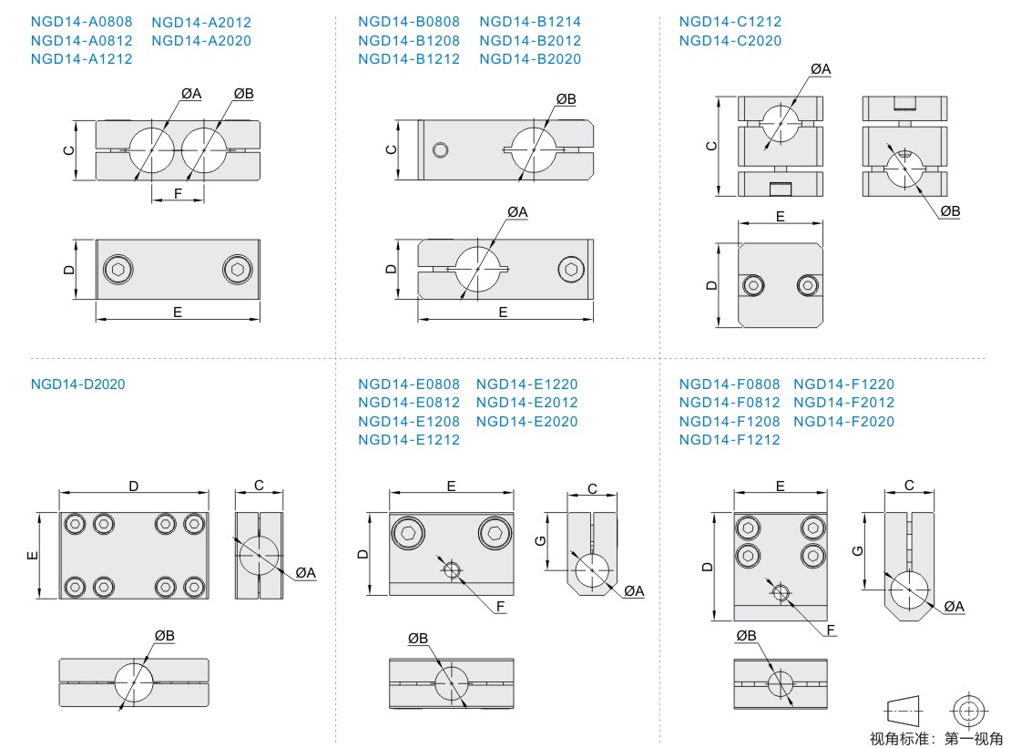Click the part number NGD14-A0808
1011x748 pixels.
tap(81, 22)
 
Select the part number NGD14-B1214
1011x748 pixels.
tap(529, 22)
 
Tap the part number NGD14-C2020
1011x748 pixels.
tap(730, 41)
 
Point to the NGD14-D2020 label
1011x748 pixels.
tap(77, 384)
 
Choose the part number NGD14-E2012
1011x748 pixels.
tap(526, 403)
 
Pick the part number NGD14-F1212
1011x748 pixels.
tap(730, 440)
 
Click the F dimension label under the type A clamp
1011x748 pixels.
tap(178, 192)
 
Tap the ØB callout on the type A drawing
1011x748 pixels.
tap(243, 94)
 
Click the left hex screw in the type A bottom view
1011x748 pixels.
tap(117, 270)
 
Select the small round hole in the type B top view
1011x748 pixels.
tap(442, 149)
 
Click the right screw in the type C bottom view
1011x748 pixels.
tap(808, 285)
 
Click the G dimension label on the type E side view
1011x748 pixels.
tap(538, 540)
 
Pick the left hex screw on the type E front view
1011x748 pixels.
tap(408, 533)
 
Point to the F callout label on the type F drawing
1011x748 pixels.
tap(831, 630)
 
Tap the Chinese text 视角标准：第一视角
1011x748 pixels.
tap(935, 739)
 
